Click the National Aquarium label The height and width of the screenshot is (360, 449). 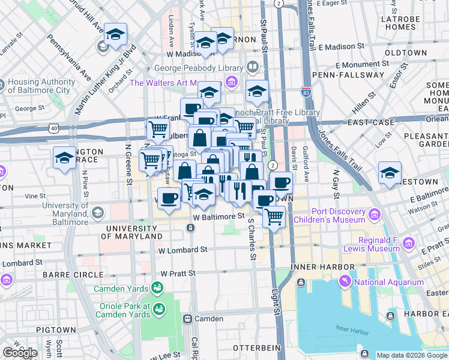coord(388,282)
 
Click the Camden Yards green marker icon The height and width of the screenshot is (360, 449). coord(157,288)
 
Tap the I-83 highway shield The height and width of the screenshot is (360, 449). coord(306,92)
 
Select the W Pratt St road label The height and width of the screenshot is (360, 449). coord(178,273)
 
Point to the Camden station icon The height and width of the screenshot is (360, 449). coord(188,319)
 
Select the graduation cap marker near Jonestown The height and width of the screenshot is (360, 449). coord(390,173)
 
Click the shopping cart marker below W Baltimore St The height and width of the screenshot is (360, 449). coord(274,216)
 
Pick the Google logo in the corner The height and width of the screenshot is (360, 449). coord(19,352)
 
